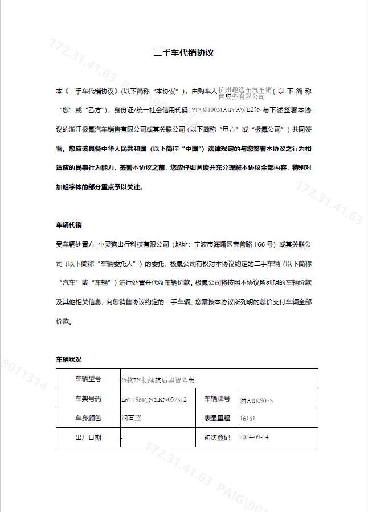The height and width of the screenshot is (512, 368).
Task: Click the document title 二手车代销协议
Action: tap(183, 53)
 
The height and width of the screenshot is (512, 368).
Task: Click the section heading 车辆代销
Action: tap(68, 225)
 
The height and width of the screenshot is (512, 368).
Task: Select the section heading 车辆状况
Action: tap(68, 359)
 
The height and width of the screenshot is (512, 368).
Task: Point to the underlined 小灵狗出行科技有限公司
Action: tap(134, 244)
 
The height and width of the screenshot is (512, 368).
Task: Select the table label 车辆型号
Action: tap(88, 379)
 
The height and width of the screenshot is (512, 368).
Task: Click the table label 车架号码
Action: tap(88, 399)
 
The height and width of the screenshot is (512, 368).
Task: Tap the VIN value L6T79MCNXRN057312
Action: tap(154, 399)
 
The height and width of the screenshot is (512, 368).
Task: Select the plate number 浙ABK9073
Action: tap(256, 400)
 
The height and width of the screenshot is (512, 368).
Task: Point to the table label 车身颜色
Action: tap(88, 418)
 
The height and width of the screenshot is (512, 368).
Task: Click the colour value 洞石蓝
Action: tap(132, 418)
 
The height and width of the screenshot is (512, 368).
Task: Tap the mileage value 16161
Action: tap(248, 419)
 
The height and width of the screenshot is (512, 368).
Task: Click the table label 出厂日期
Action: tap(88, 437)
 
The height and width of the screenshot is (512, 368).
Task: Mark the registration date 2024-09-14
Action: tap(255, 437)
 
